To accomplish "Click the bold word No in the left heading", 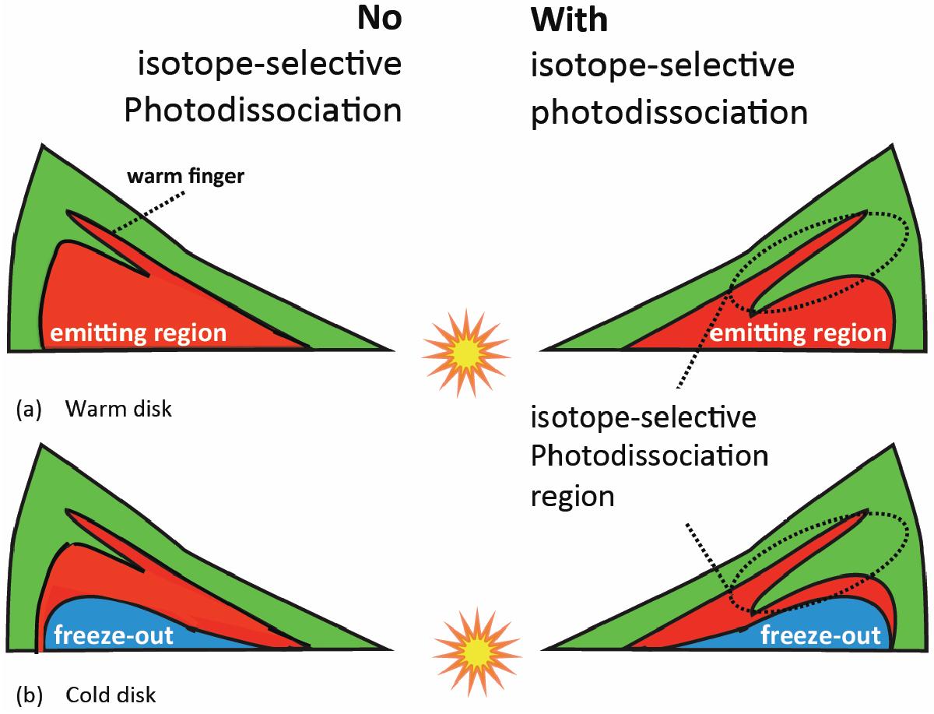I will [x=379, y=19].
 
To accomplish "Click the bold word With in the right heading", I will [x=569, y=19].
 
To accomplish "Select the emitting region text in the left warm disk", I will [x=139, y=334].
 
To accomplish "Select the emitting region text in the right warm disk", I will [x=799, y=334].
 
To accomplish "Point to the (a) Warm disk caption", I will [x=93, y=409].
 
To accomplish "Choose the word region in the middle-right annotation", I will [x=572, y=496].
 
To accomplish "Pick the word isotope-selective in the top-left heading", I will [x=269, y=65].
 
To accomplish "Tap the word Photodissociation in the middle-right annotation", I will [x=649, y=455].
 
